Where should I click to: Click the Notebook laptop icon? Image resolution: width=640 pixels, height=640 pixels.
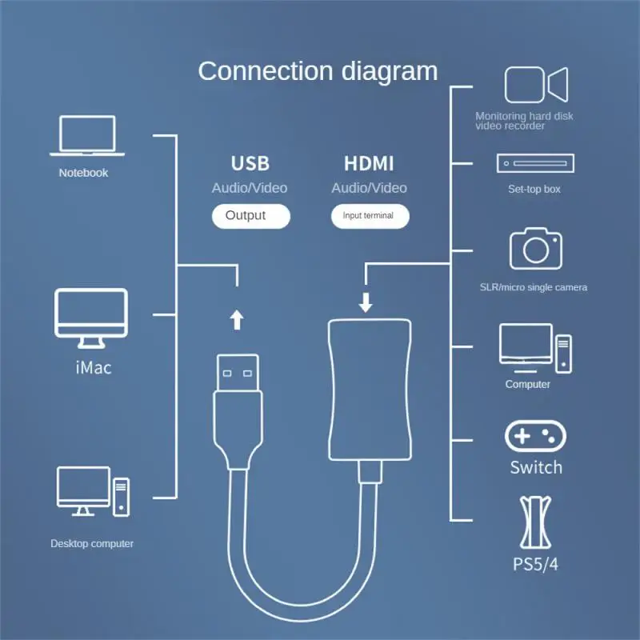pos(87,135)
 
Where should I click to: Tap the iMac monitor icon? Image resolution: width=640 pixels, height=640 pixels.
pos(91,318)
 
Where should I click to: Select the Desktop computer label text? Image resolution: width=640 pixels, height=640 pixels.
pos(92,544)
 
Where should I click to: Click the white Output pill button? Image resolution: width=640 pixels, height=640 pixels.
pos(251,216)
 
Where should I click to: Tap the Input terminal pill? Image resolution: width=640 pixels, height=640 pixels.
pos(370,216)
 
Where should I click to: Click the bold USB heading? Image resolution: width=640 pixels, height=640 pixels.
pos(250,163)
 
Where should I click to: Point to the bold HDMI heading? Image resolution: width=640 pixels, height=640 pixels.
pos(369,163)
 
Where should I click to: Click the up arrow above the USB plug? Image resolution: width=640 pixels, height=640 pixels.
pos(237,319)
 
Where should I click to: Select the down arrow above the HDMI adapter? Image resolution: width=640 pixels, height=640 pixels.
pos(366,302)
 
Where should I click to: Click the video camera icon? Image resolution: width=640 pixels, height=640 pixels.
pos(536,85)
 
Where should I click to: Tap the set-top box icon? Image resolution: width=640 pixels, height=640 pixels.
pos(535,163)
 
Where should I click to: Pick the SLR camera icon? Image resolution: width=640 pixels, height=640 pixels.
pos(536,248)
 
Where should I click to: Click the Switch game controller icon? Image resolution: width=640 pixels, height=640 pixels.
pos(535,436)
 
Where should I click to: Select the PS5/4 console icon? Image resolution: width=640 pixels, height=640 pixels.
pos(535,522)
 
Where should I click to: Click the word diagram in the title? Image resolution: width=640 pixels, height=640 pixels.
pos(390,72)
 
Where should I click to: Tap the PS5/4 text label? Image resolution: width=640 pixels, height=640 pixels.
pos(535,564)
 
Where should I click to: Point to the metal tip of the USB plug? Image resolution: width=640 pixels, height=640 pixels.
pos(238,373)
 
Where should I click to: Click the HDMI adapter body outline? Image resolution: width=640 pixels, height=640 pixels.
pos(329,390)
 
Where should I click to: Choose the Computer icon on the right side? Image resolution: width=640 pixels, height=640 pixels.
pos(535,348)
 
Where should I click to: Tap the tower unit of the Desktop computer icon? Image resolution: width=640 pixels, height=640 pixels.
pos(122,497)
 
